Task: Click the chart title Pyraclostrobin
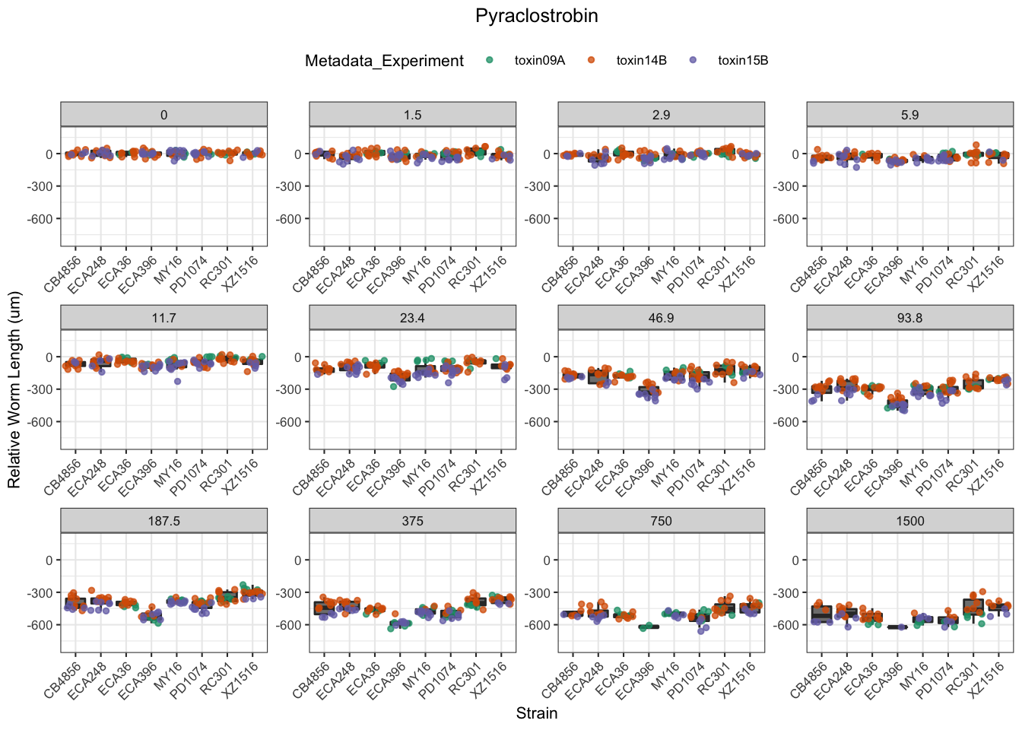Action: pyautogui.click(x=536, y=16)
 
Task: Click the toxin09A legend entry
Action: pyautogui.click(x=539, y=61)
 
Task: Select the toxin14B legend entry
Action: pyautogui.click(x=641, y=61)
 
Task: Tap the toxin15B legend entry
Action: pyautogui.click(x=743, y=61)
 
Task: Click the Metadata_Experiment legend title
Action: pyautogui.click(x=384, y=61)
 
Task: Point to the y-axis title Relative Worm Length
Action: pyautogui.click(x=14, y=390)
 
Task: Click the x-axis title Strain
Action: pyautogui.click(x=536, y=713)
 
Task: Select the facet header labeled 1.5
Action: pyautogui.click(x=412, y=115)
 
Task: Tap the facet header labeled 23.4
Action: pyautogui.click(x=412, y=318)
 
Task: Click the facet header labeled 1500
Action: pyautogui.click(x=909, y=521)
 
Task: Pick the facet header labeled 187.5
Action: pyautogui.click(x=163, y=521)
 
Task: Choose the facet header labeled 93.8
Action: pyautogui.click(x=909, y=318)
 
